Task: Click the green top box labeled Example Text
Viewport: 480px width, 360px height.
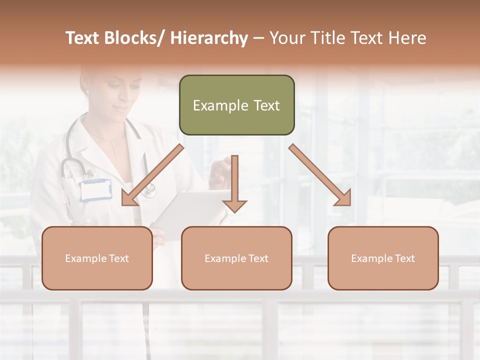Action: pos(236,105)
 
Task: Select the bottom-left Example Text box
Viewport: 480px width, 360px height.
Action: pos(97,258)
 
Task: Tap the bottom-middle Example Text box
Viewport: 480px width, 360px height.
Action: pos(236,258)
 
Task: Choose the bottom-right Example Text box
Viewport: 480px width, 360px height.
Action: pos(383,258)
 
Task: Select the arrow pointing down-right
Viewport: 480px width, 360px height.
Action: pos(320,175)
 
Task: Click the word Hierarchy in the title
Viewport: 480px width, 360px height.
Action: pos(209,38)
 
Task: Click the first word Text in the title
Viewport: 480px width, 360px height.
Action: pos(84,38)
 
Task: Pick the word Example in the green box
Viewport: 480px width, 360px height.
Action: pos(214,105)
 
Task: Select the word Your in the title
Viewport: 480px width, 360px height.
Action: pos(287,38)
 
